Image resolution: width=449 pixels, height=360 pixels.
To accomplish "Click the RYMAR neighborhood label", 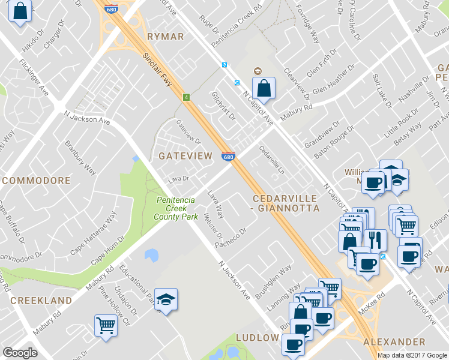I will click(165, 37).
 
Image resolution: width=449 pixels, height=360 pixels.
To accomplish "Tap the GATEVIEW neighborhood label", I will click(185, 156).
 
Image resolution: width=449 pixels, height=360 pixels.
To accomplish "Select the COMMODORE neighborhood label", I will click(36, 180).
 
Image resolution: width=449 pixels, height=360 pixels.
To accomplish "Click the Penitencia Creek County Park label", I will click(176, 208).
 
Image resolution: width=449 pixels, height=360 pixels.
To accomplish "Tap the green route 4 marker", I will click(187, 97).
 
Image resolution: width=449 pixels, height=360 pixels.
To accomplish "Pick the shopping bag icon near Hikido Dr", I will click(20, 11).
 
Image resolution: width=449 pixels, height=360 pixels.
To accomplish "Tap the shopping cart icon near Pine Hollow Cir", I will click(106, 326).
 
